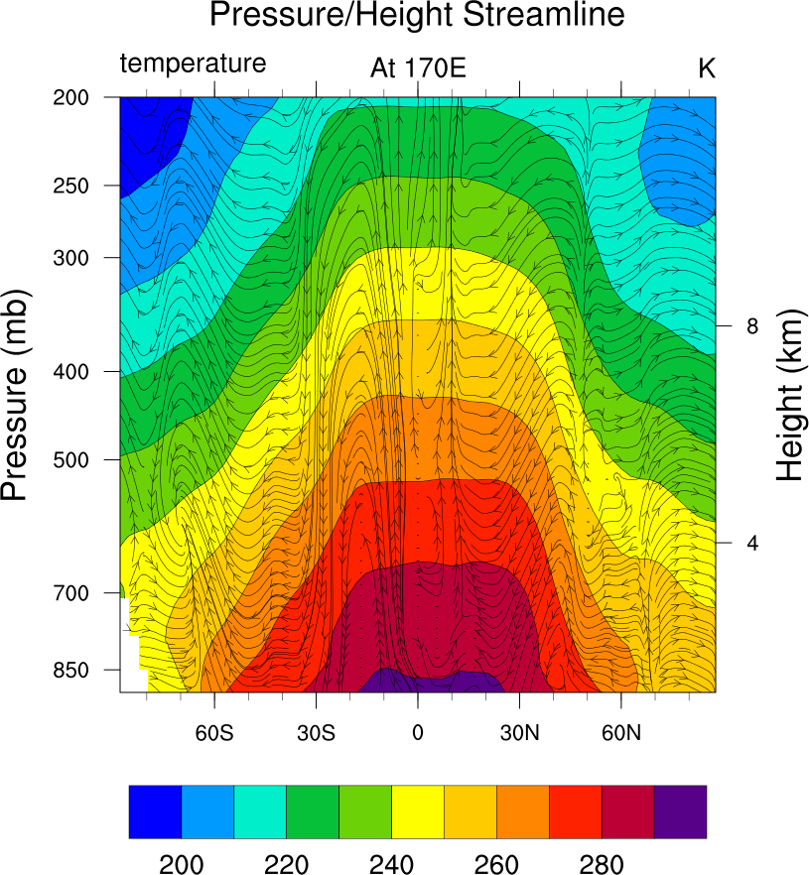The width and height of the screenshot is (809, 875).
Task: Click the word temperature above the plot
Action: click(194, 63)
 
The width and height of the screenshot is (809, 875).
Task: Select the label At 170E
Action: click(418, 67)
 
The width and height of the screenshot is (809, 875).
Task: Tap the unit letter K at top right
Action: click(706, 67)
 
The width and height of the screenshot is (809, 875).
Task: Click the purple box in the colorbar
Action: click(680, 812)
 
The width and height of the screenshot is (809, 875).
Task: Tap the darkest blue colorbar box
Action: click(155, 812)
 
